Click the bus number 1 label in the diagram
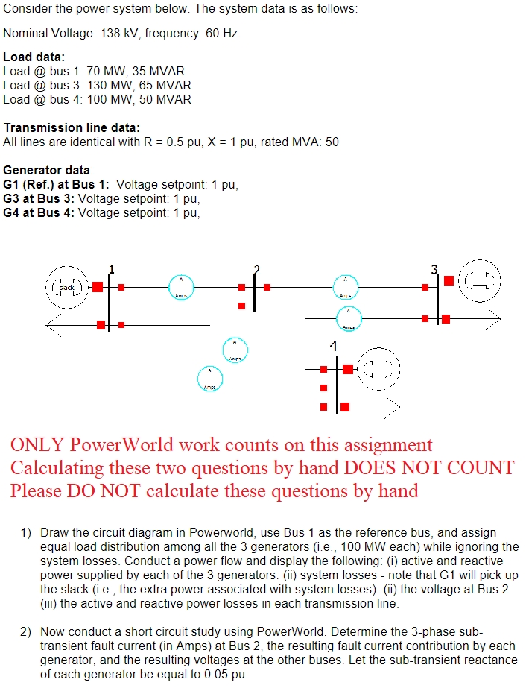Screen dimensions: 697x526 point(112,269)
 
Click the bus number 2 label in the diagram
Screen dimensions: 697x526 point(257,269)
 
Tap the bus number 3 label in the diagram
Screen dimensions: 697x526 point(434,269)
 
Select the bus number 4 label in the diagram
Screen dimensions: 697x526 point(333,346)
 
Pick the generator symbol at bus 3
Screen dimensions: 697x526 point(481,282)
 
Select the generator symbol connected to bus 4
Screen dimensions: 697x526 point(380,368)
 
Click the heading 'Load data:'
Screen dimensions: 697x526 point(34,57)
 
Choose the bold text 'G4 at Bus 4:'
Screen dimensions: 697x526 point(39,213)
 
